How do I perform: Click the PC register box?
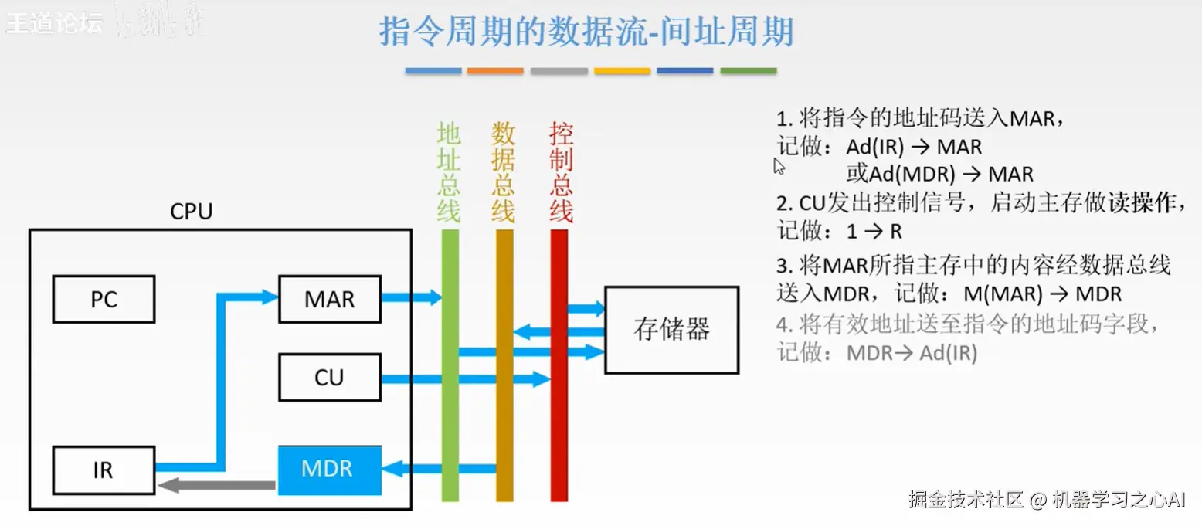point(104,299)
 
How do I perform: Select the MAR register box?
point(330,299)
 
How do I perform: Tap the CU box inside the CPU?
point(330,378)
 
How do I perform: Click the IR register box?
point(104,469)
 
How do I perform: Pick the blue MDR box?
point(330,469)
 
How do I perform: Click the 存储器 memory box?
point(671,330)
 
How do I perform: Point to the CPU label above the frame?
point(191,212)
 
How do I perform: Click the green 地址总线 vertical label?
point(449,172)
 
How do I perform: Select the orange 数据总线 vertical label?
point(503,172)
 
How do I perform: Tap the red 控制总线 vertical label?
point(561,172)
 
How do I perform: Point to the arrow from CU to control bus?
point(463,378)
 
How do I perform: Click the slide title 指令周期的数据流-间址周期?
point(586,32)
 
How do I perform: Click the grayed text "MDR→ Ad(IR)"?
point(912,354)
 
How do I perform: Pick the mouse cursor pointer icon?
point(779,166)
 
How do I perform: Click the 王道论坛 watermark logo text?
point(54,23)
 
